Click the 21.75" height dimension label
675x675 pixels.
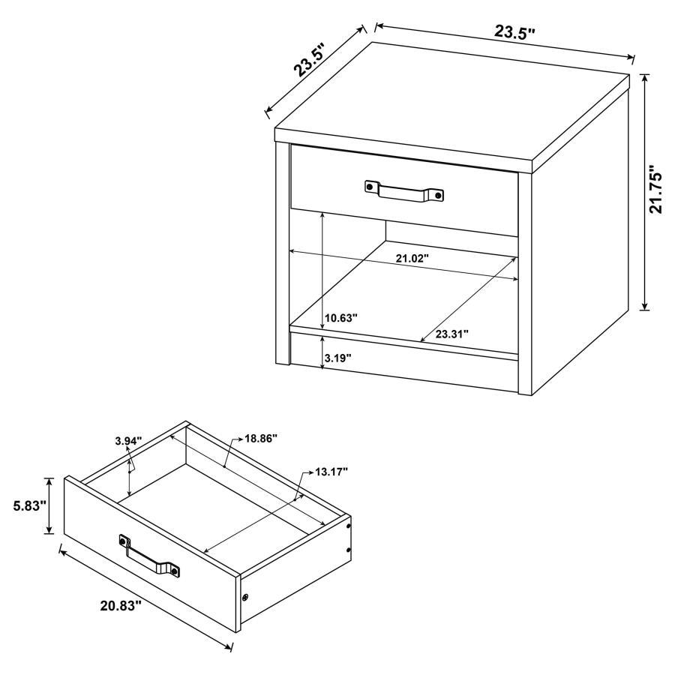pos(656,190)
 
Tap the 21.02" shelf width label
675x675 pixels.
pos(411,259)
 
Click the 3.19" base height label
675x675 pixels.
pos(337,358)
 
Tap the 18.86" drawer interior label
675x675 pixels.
pos(260,438)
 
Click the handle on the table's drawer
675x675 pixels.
pos(404,190)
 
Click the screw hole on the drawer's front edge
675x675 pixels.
pos(246,598)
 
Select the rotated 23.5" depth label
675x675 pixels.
pos(313,58)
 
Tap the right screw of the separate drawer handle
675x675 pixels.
pos(175,571)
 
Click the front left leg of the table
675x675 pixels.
pos(283,255)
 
